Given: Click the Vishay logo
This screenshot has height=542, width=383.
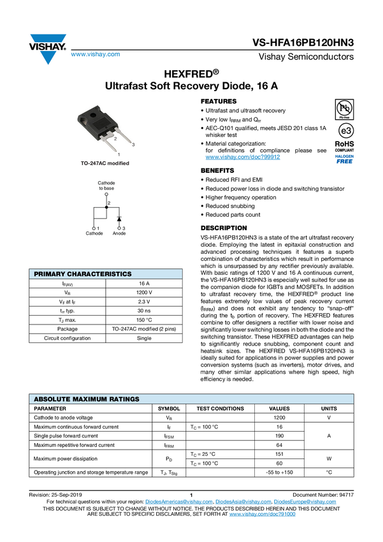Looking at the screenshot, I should point(47,49).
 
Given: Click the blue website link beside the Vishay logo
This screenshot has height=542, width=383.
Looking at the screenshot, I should point(96,55).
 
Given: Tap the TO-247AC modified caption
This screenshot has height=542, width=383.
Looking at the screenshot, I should point(105,163).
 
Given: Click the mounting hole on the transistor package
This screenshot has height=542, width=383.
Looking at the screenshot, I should point(94,117).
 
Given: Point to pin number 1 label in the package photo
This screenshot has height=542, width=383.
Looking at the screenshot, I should point(119,154).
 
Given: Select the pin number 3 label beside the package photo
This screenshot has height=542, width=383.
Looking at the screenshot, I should point(133,145).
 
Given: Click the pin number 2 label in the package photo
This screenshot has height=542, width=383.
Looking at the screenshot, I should point(115,138).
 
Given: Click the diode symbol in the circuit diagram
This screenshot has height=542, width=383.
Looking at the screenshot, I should point(119,219).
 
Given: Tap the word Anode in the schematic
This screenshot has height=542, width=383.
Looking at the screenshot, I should point(119,234).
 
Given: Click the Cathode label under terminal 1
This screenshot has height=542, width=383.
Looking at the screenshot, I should point(94,234).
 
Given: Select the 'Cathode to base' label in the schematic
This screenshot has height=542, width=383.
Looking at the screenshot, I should point(106,186).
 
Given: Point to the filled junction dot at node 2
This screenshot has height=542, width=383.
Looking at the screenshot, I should point(106,207).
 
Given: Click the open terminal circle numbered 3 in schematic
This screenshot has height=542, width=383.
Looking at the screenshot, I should point(119,228).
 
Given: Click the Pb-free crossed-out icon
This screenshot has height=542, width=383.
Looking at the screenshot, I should point(344,107).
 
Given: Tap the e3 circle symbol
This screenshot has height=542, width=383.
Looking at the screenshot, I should point(345,130).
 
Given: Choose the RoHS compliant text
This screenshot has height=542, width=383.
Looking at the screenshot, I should point(344,147).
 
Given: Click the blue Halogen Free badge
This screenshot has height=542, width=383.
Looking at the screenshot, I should point(344,159).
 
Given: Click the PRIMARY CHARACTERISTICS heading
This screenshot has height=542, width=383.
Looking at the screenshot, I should point(83,274).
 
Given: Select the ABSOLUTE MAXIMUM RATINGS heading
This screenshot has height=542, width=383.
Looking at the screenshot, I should point(87,399).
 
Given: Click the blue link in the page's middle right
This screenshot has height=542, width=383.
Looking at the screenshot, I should point(242,157).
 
